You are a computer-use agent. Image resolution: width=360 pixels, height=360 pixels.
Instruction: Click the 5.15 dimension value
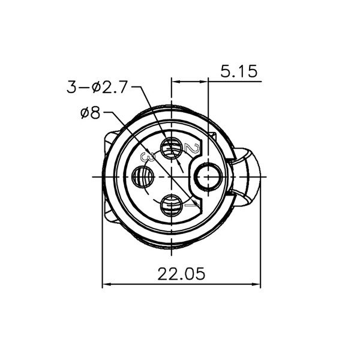coord(239,72)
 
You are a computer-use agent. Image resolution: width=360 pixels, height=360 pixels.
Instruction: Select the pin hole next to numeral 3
coord(143,177)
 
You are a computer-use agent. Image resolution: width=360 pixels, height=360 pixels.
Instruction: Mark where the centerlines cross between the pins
coord(172,177)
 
